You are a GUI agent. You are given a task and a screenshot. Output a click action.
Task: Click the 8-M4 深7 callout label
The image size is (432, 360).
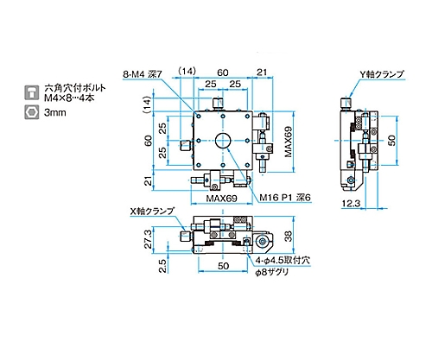(143, 74)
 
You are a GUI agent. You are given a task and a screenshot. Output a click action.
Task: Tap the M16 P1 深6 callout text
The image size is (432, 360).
(285, 198)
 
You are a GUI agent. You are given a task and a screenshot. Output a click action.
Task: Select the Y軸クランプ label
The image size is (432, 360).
(382, 74)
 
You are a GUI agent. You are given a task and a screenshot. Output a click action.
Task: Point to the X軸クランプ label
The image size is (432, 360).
(152, 211)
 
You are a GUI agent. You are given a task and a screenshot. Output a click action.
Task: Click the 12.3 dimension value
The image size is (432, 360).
(351, 204)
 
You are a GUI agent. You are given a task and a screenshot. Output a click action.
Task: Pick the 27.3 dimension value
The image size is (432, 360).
(148, 239)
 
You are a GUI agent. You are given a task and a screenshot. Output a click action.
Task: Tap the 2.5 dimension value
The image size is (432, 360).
(162, 266)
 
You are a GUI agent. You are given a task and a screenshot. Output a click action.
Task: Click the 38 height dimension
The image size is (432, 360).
(288, 236)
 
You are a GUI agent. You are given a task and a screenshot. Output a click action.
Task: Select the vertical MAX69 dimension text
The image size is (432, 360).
(289, 142)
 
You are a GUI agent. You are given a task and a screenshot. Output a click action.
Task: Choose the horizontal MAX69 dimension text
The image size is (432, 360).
(221, 199)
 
